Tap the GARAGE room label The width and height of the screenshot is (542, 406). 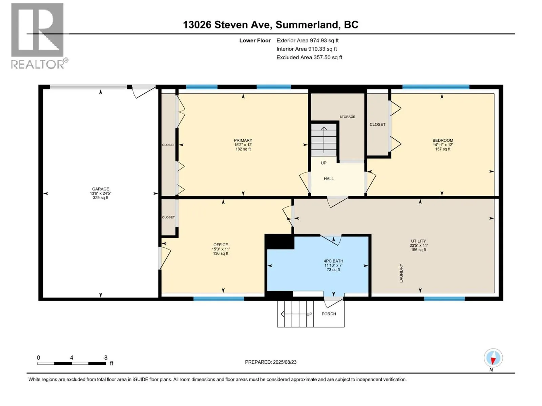[x=101, y=193]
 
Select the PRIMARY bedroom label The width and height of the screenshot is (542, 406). [x=243, y=145]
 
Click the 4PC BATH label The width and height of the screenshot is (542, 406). [x=333, y=265]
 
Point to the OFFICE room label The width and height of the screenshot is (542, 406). [x=221, y=249]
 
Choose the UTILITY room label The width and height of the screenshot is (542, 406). [x=418, y=245]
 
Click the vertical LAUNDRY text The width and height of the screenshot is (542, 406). [x=401, y=273]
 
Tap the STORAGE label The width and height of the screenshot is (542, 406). [x=347, y=117]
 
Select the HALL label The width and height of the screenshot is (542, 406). [x=329, y=179]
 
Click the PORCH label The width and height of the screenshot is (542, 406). [x=329, y=314]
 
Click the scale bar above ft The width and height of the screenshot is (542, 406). [x=71, y=363]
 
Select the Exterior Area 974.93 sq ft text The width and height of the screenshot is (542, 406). [x=308, y=40]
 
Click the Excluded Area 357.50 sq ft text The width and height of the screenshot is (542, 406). [x=309, y=58]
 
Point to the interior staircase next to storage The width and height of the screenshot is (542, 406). [x=324, y=139]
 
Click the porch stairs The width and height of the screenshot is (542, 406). [x=295, y=314]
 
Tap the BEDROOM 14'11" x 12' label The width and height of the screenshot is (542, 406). [x=442, y=145]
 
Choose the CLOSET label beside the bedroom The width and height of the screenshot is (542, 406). [x=377, y=125]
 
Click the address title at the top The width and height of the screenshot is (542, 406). [x=271, y=25]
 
